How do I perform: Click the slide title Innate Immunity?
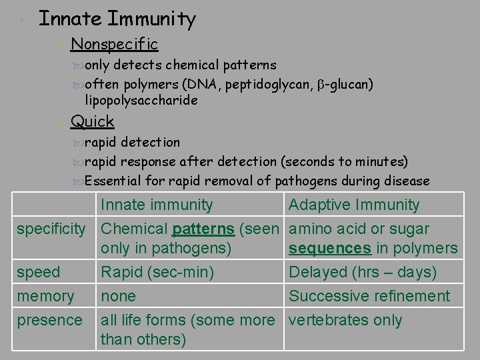117,19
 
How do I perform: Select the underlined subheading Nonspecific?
114,45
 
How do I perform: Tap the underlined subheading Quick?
92,121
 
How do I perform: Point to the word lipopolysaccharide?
141,100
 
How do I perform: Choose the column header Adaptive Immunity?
354,205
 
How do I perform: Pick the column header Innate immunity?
157,205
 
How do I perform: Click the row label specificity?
51,229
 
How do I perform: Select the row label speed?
39,273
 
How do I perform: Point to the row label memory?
45,296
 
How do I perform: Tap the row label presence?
49,320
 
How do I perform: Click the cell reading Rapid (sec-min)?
157,273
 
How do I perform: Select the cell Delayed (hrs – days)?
363,273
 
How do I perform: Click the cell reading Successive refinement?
369,296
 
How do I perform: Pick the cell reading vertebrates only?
345,320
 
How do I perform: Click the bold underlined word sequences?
330,249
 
